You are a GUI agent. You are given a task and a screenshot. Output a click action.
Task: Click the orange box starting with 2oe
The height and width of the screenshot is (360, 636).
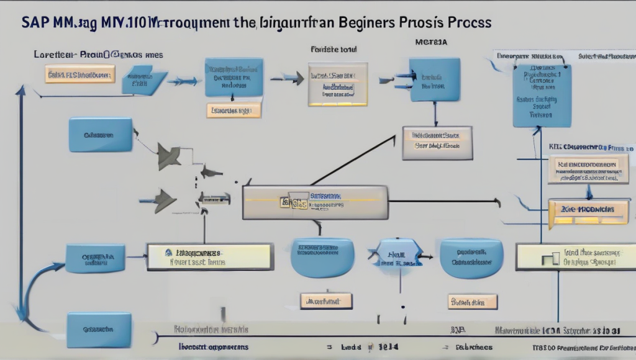pos(588,210)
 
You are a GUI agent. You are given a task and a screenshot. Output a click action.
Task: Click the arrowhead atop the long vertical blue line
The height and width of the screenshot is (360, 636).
pos(20,91)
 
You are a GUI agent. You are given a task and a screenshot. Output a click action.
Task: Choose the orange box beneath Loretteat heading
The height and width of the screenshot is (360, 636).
pos(80,75)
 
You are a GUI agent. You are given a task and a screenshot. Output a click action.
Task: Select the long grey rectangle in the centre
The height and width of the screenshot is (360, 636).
pos(315,202)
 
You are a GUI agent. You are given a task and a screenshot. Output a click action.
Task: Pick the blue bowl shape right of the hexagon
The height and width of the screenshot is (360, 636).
pos(471,258)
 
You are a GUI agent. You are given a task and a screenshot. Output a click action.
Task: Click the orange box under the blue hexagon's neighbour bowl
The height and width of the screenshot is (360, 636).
pos(472,302)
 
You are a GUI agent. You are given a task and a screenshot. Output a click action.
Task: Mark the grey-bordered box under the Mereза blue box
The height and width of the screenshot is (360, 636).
pos(437,143)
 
